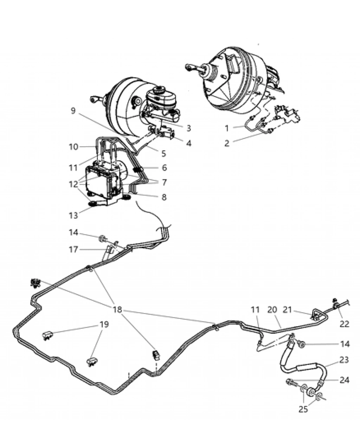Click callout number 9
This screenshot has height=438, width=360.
[x=73, y=111]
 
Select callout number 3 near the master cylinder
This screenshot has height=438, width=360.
[x=189, y=128]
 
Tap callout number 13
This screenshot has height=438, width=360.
[x=73, y=215]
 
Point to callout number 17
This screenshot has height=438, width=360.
[x=73, y=250]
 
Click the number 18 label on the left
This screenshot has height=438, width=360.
[x=117, y=309]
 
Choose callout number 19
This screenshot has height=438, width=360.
[x=103, y=324]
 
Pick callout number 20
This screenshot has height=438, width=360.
[x=272, y=310]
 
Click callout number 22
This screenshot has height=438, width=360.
[x=344, y=324]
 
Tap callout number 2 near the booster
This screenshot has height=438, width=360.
[x=227, y=143]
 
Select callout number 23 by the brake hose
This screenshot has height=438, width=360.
[x=344, y=360]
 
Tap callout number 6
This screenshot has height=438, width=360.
[x=164, y=168]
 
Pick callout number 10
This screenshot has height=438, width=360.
[x=73, y=147]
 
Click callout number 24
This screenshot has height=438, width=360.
[x=344, y=380]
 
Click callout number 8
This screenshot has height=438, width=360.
[x=164, y=197]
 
